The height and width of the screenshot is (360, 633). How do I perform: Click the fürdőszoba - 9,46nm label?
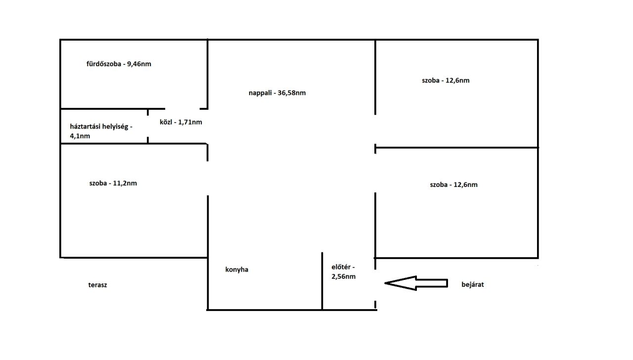119,64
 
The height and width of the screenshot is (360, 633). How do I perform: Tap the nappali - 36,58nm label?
277,92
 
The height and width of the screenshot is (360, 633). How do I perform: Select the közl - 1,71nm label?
181,122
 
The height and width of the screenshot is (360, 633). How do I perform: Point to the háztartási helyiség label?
101,127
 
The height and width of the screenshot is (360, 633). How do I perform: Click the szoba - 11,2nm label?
113,183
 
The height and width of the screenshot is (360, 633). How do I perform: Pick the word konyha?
237,270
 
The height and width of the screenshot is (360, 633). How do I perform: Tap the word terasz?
97,285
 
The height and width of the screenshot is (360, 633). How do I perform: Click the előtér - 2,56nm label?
343,271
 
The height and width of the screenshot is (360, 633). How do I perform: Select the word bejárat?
472,284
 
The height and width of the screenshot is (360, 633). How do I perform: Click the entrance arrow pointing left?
416,283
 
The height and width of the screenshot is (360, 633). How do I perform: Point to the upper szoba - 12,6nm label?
446,80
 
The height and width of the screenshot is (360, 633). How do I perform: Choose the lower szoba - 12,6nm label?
454,184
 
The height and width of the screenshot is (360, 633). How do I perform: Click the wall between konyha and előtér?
322,281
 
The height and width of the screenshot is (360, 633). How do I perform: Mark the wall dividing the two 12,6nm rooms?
456,147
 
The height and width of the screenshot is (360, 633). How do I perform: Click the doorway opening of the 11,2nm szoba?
208,179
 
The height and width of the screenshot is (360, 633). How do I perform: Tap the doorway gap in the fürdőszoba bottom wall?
182,109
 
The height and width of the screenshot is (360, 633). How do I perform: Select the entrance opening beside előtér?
375,285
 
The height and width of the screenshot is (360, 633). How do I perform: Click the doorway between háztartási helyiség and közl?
148,126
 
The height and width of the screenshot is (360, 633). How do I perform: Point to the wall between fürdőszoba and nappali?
208,74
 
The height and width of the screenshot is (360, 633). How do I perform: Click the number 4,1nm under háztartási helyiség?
80,136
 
